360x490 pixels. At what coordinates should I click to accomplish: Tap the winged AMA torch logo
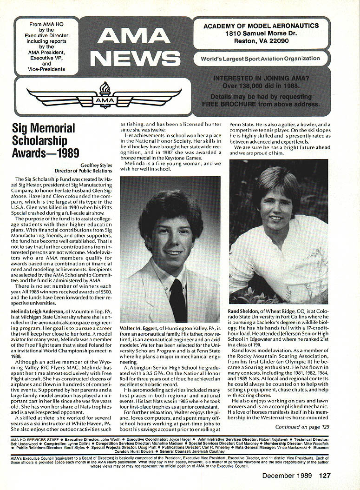(104, 96)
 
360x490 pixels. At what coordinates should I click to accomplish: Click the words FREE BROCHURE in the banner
(225, 104)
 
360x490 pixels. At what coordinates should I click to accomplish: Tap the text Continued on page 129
(302, 426)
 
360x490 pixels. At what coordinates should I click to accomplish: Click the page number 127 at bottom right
(324, 475)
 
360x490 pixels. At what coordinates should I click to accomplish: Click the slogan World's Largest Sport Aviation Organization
(260, 59)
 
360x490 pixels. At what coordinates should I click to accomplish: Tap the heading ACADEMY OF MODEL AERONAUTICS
(262, 26)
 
